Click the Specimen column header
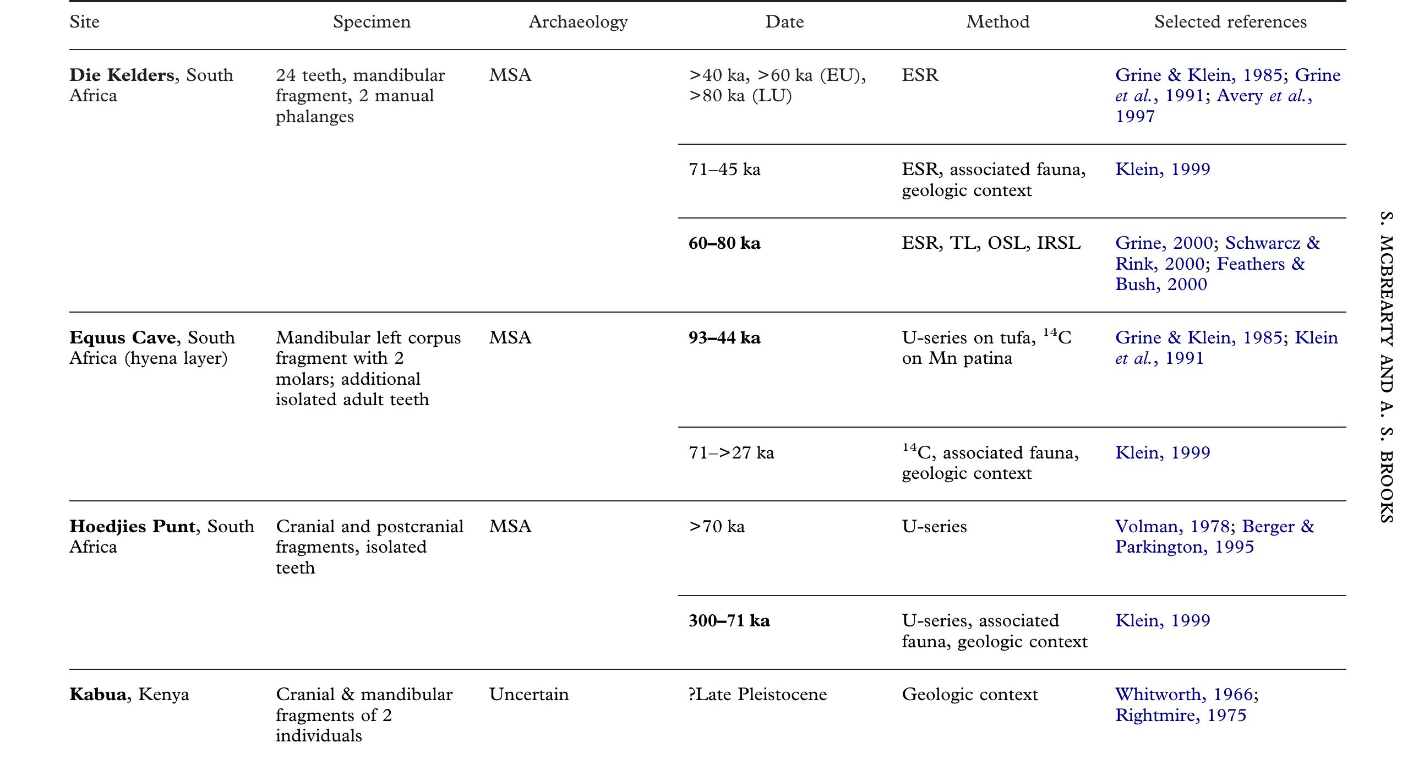(x=372, y=22)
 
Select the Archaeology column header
(x=578, y=22)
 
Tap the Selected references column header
(x=1230, y=22)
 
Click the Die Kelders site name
(x=122, y=75)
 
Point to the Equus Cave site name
(x=122, y=337)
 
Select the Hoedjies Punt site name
(x=132, y=526)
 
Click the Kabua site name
(x=97, y=694)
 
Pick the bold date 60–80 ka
(x=724, y=243)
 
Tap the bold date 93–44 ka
(x=724, y=337)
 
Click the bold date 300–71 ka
(x=729, y=620)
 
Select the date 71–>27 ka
(x=731, y=452)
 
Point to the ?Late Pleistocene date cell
(x=757, y=694)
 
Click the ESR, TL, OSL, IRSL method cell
(x=991, y=243)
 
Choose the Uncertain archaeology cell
(x=528, y=694)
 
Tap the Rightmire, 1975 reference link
(x=1181, y=715)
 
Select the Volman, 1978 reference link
(x=1171, y=526)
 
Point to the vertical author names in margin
(x=1387, y=366)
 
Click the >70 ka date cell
(x=717, y=526)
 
